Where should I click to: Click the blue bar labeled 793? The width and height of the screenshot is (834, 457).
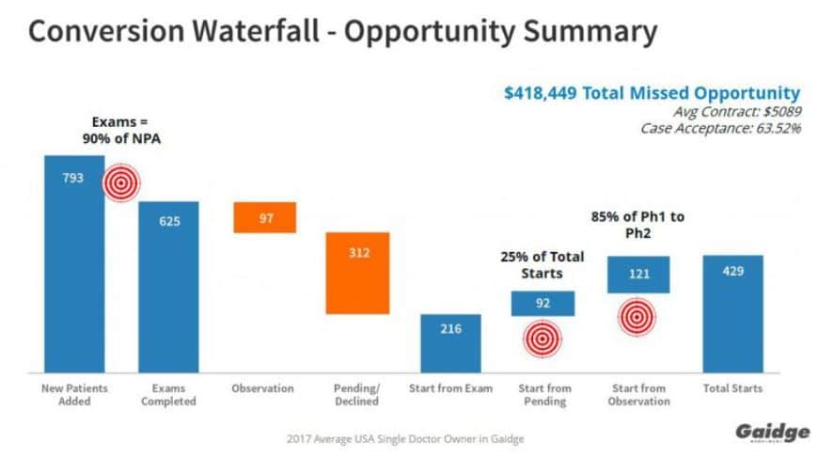(74, 263)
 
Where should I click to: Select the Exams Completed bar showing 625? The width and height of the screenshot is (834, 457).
(168, 287)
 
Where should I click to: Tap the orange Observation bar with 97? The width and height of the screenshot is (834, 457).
(265, 217)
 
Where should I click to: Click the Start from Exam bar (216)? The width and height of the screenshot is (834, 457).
(450, 343)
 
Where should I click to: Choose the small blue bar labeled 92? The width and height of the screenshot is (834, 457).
(542, 303)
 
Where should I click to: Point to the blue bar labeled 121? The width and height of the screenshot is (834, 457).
(637, 274)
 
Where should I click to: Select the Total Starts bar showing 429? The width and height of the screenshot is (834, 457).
(732, 313)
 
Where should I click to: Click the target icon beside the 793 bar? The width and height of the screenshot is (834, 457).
(119, 182)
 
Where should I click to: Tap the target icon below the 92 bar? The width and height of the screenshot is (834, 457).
(543, 339)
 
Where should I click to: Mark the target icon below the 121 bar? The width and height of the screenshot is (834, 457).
(637, 318)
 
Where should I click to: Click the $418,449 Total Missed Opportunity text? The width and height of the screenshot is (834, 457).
(652, 92)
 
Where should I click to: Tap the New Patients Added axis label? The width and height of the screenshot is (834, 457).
(75, 395)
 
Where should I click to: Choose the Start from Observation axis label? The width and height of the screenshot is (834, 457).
(638, 395)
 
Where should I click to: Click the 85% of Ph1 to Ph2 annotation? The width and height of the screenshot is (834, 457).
(637, 225)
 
